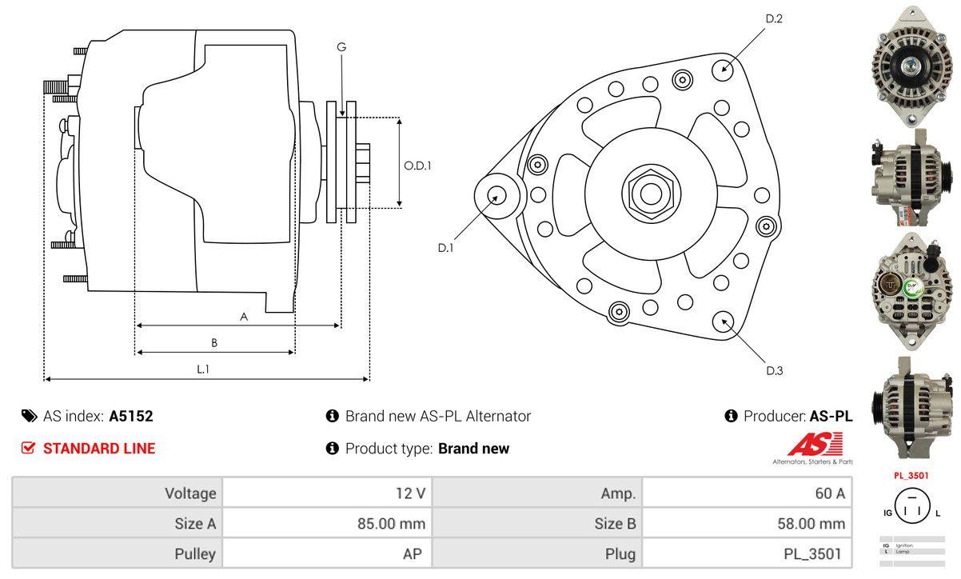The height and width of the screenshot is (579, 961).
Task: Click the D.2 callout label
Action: click(x=773, y=18)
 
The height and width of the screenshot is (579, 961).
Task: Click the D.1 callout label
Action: click(x=445, y=248)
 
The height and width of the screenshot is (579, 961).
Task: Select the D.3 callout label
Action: click(x=774, y=370)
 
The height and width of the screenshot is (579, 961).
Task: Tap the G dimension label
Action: click(x=341, y=47)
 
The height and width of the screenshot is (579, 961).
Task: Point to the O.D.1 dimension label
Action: click(x=417, y=166)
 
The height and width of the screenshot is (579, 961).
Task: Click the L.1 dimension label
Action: click(x=203, y=369)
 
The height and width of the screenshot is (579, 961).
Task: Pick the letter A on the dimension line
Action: click(x=244, y=317)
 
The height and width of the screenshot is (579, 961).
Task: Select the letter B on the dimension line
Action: click(x=214, y=343)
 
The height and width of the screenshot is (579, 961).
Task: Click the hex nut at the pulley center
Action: click(x=646, y=192)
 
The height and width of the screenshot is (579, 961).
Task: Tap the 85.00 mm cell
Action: click(x=391, y=524)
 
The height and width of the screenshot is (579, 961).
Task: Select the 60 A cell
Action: click(x=829, y=493)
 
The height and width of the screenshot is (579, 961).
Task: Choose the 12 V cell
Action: click(x=410, y=493)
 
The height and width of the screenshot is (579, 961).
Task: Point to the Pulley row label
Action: click(x=195, y=553)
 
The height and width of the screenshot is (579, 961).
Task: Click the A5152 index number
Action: click(x=131, y=416)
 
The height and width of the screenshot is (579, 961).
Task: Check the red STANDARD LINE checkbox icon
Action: click(x=29, y=448)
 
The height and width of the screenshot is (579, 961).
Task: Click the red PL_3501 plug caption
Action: click(x=911, y=476)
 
